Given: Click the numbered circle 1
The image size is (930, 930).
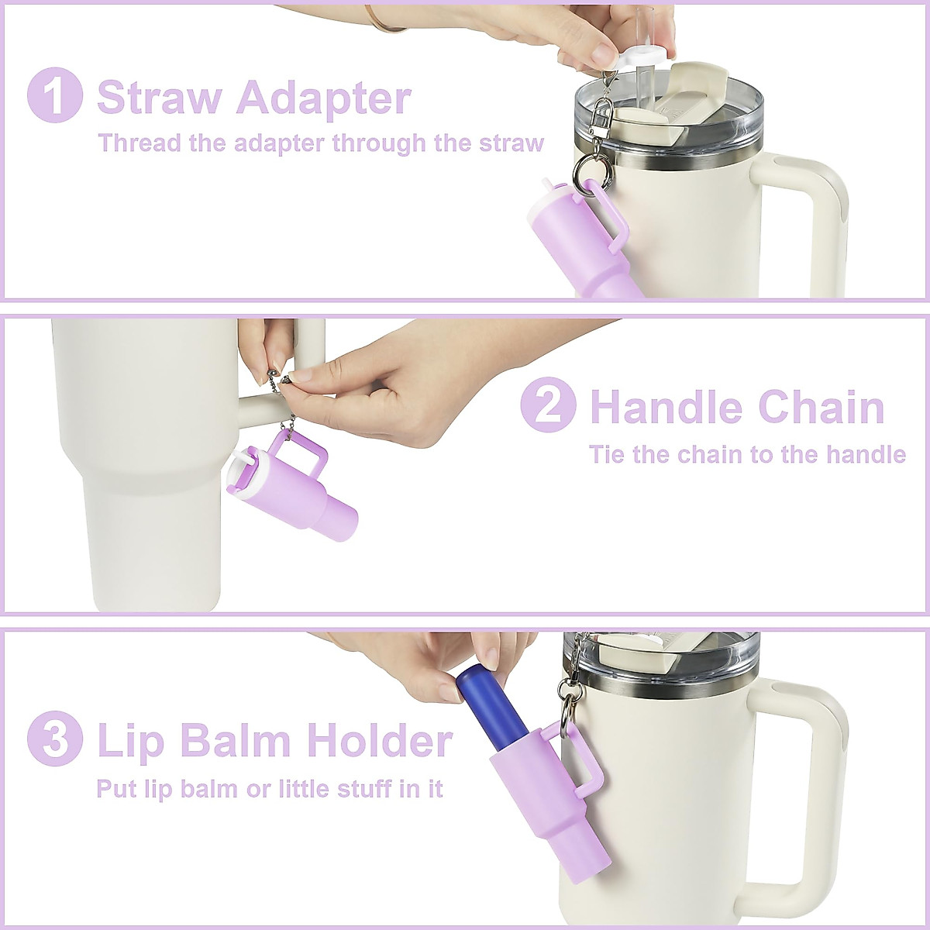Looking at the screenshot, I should coord(54,95).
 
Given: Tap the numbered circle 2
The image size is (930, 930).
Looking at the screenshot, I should coord(548,405).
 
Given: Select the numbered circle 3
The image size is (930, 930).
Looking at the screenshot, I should coord(54,740).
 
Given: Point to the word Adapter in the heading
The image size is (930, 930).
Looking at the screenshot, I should coord(324,99).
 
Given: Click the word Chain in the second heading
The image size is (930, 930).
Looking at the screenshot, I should coord(821,407).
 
